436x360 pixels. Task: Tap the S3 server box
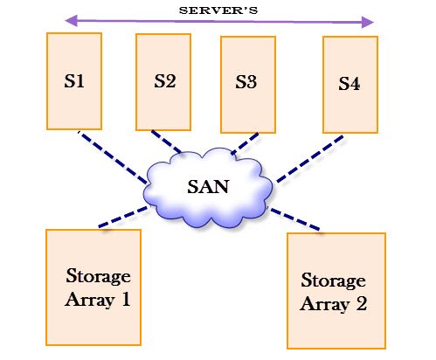pyautogui.click(x=247, y=84)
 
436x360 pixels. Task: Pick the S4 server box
pyautogui.click(x=349, y=84)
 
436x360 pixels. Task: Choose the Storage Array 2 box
pyautogui.click(x=336, y=290)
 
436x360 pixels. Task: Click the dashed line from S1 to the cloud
pyautogui.click(x=112, y=157)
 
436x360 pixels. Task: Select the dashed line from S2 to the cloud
pyautogui.click(x=166, y=141)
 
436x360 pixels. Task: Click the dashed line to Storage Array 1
pyautogui.click(x=122, y=218)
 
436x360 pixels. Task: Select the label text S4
pyautogui.click(x=349, y=85)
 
